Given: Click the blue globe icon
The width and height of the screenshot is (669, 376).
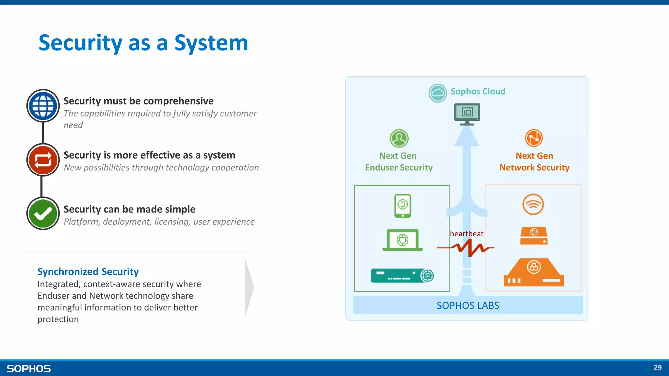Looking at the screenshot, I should (x=43, y=106).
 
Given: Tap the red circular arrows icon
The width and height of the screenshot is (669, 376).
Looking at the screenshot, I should (x=43, y=160).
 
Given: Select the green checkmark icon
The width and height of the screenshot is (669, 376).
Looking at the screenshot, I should (x=43, y=213).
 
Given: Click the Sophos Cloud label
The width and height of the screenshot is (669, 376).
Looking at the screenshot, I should (x=478, y=91).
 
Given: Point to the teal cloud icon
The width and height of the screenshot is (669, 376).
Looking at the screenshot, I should (x=437, y=93).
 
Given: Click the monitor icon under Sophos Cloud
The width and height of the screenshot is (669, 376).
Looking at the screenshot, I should (x=467, y=114).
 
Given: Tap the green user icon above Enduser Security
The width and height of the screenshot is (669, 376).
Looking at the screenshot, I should (x=399, y=138).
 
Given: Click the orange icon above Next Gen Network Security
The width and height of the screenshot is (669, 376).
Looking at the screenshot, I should (x=534, y=138).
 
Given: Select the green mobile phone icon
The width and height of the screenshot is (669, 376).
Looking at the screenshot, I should (x=402, y=206).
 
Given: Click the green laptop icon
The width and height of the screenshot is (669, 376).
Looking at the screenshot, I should (x=402, y=240).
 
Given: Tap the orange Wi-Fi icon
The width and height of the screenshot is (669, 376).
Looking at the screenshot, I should (x=533, y=205).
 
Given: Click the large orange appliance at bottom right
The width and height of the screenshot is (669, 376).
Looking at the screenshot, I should (x=534, y=273).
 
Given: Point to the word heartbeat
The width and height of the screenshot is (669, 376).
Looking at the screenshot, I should (x=466, y=234).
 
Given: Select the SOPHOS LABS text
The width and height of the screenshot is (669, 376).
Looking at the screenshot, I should (x=468, y=305).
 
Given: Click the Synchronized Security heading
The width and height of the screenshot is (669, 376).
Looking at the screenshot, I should (x=88, y=272).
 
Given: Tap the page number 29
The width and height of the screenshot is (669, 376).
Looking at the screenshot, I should (x=657, y=368).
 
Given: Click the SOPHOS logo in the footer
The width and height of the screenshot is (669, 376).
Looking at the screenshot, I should (x=29, y=368).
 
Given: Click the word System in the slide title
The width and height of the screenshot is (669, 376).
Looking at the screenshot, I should (x=211, y=43).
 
